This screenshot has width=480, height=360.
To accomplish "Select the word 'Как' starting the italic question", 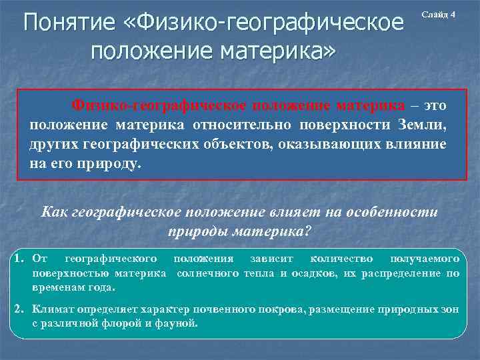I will [x=53, y=212].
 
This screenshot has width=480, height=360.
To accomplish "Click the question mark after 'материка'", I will [x=308, y=232].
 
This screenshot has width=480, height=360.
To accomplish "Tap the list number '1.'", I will [x=19, y=257].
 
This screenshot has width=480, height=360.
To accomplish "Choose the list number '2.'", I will [x=19, y=310].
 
